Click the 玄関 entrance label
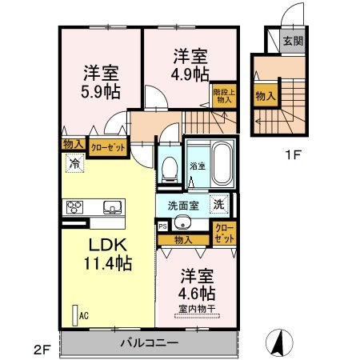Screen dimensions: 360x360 (293, 41)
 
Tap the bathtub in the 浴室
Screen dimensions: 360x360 (222, 163)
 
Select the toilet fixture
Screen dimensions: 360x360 (170, 169)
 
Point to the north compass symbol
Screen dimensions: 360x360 (279, 342)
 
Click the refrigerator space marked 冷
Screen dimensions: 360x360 (75, 163)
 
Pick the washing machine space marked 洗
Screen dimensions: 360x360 (219, 205)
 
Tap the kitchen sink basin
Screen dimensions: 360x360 (112, 207)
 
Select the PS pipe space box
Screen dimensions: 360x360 (162, 226)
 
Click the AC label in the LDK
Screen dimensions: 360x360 (84, 316)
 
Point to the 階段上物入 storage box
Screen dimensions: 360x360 (224, 96)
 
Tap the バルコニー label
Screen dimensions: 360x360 (150, 342)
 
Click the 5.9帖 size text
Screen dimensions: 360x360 (101, 92)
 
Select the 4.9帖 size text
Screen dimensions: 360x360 (190, 74)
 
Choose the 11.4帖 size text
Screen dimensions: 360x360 (108, 263)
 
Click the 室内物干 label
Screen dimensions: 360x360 (197, 309)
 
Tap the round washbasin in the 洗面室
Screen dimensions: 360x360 (182, 224)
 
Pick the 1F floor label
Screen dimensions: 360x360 (294, 155)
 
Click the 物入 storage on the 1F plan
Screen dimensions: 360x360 (266, 96)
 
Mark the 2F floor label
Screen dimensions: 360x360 (42, 350)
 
